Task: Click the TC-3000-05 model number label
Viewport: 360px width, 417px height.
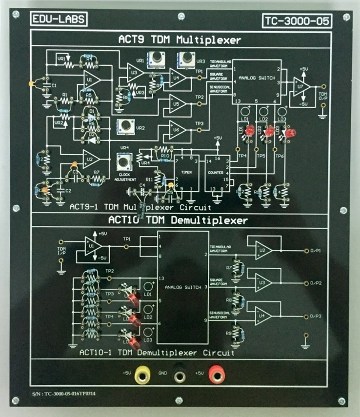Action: coord(298,21)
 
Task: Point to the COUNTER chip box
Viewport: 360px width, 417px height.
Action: coord(215,173)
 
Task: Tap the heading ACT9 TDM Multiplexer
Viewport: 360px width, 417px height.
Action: coord(180,39)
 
